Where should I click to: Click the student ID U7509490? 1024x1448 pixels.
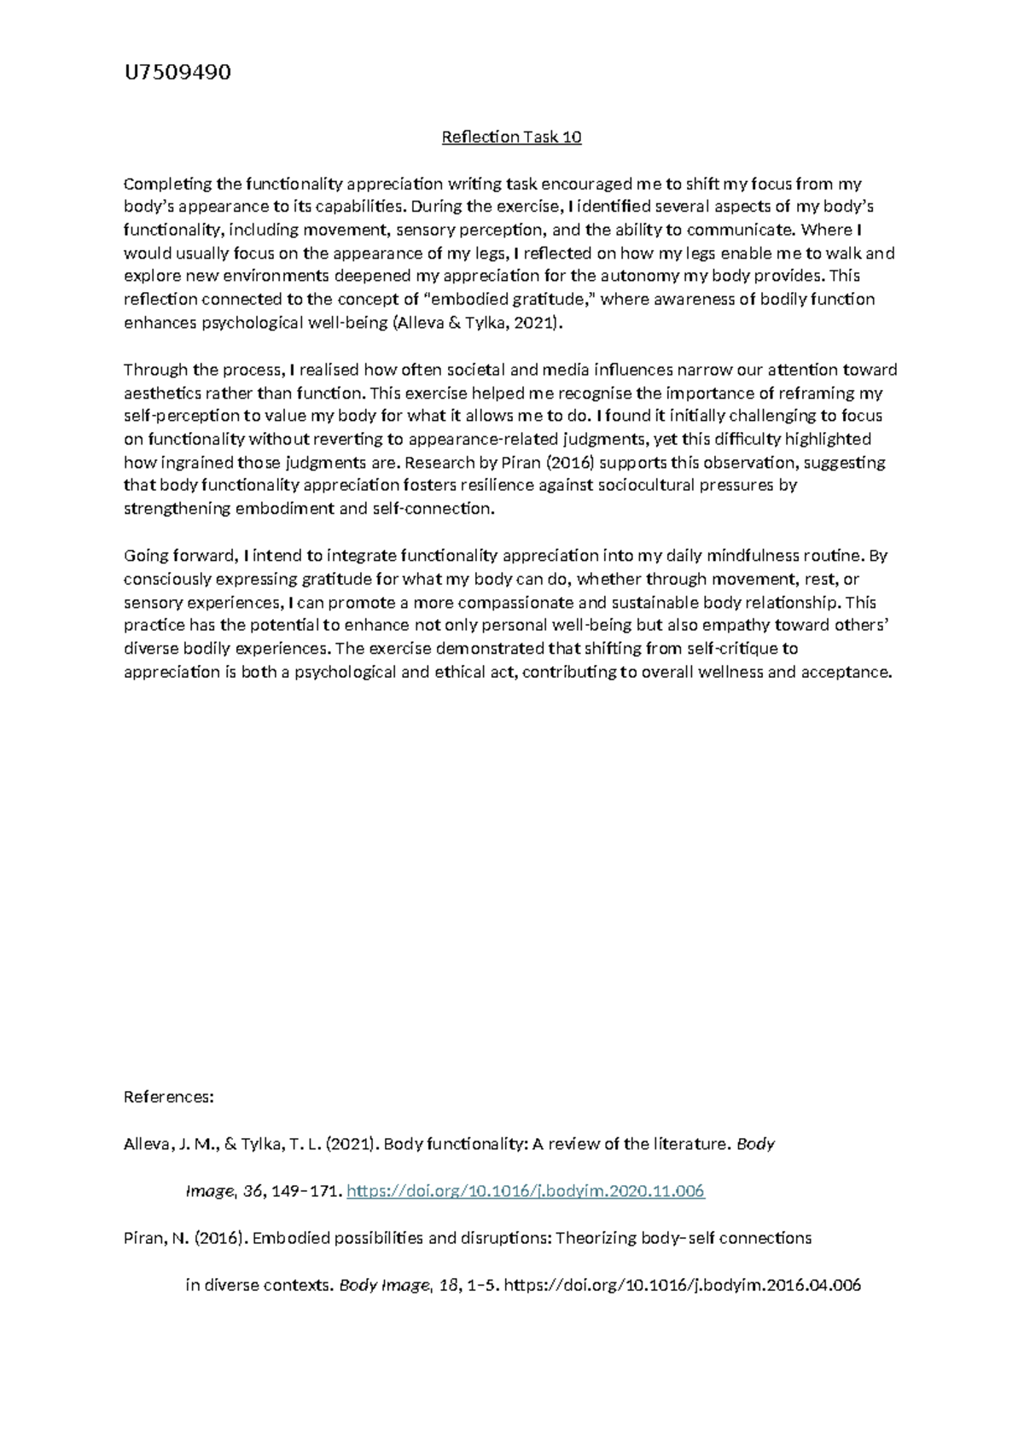pyautogui.click(x=177, y=73)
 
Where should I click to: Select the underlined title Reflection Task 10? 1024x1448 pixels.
pyautogui.click(x=511, y=137)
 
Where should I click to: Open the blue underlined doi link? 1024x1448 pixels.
pyautogui.click(x=526, y=1190)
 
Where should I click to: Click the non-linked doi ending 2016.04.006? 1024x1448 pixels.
pyautogui.click(x=683, y=1284)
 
